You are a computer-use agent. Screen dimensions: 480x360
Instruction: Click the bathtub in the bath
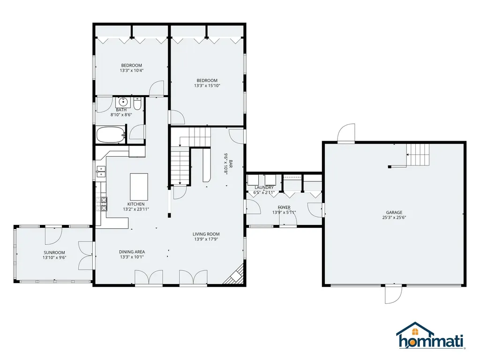(x=111, y=135)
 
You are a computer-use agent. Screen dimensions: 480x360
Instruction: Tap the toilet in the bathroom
(x=137, y=104)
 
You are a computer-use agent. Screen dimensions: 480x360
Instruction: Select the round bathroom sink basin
(x=123, y=101)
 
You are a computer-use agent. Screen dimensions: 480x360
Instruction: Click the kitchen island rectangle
(x=139, y=187)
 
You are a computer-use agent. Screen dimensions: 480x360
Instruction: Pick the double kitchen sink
(x=101, y=172)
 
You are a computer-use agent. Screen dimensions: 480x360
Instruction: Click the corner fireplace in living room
(x=235, y=275)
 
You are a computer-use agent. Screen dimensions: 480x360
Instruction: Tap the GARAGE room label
(x=394, y=212)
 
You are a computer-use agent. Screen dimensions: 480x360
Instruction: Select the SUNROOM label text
(x=54, y=253)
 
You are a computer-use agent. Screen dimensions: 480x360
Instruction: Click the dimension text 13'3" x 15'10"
(x=207, y=86)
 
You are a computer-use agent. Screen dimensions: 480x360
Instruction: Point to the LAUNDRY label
(x=264, y=187)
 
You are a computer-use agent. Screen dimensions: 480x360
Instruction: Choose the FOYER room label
(x=284, y=207)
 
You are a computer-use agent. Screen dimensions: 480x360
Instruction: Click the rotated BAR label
(x=231, y=164)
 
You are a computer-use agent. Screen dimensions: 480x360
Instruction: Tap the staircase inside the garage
(x=418, y=155)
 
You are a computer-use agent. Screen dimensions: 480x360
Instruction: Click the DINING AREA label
(x=132, y=252)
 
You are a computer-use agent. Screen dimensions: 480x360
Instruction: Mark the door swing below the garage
(x=393, y=294)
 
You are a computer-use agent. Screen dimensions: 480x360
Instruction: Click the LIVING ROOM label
(x=206, y=234)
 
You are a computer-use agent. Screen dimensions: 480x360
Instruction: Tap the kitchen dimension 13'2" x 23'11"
(x=136, y=210)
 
